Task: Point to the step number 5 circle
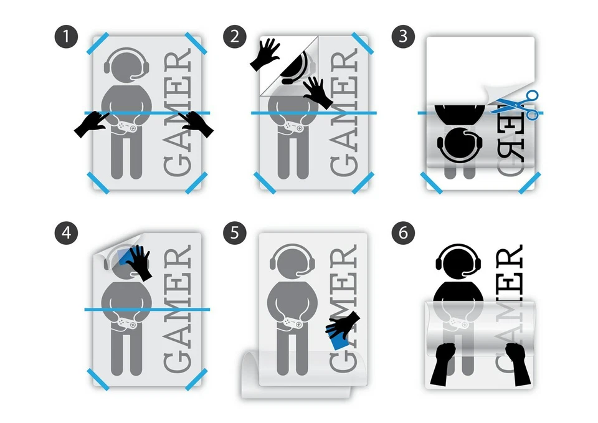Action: pos(235,234)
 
